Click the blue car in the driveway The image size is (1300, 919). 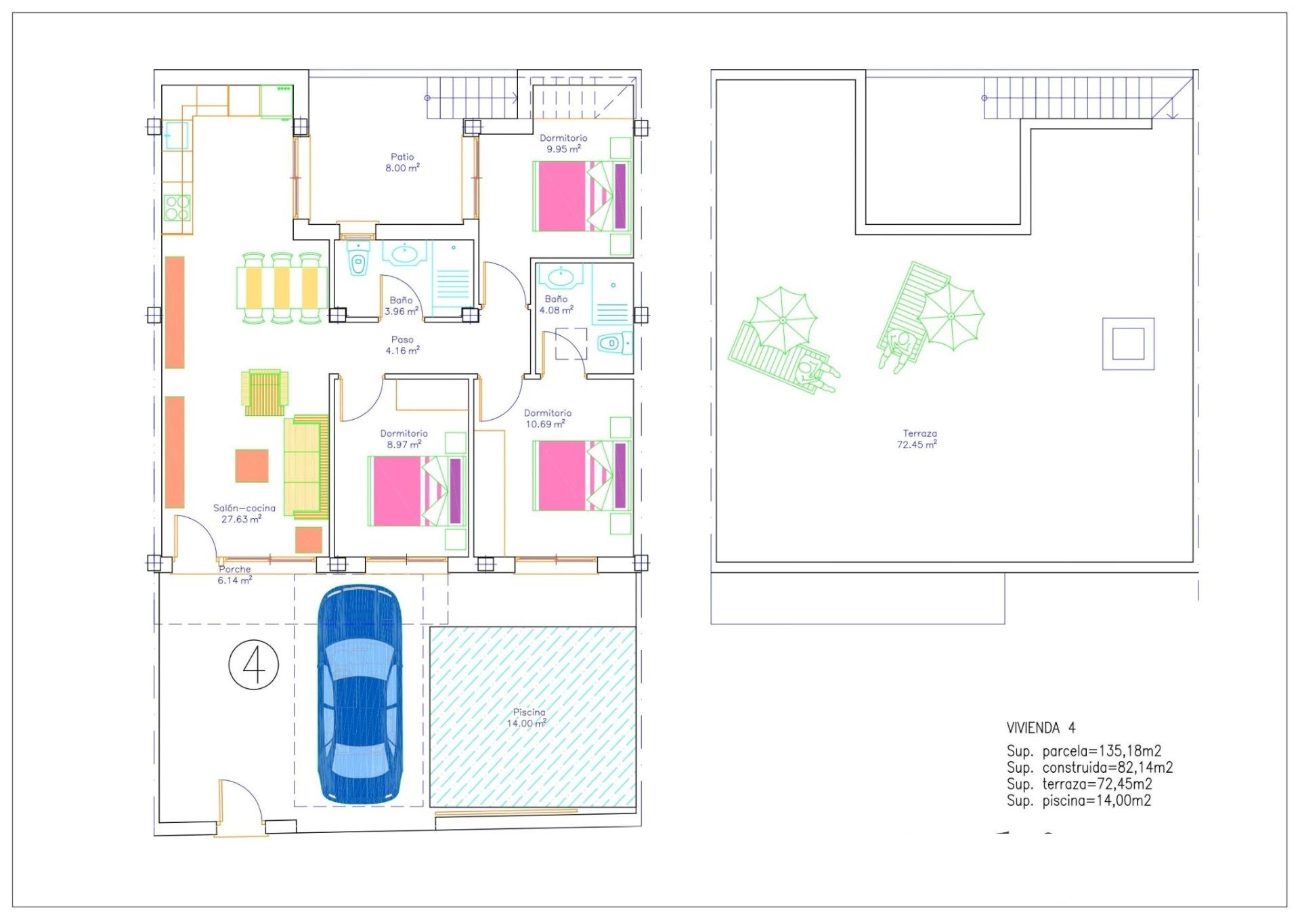(x=360, y=694)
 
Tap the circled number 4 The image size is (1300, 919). (x=254, y=666)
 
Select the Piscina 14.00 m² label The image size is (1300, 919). (x=528, y=718)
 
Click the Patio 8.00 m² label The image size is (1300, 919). (x=402, y=163)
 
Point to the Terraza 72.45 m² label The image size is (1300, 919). (x=919, y=439)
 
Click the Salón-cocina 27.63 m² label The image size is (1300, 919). (x=244, y=513)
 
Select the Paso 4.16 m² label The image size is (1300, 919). (x=402, y=345)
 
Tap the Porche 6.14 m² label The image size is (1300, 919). (x=235, y=574)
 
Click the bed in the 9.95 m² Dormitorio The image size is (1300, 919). (x=582, y=196)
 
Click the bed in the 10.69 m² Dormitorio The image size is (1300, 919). (x=582, y=475)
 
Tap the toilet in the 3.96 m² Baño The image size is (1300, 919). (x=358, y=261)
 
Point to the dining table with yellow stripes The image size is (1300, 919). (x=282, y=287)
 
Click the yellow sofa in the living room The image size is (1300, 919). (x=306, y=467)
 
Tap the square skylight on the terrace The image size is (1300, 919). (x=1128, y=344)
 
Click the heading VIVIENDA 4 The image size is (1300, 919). (x=1041, y=728)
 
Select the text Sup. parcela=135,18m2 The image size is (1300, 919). (x=1083, y=751)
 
